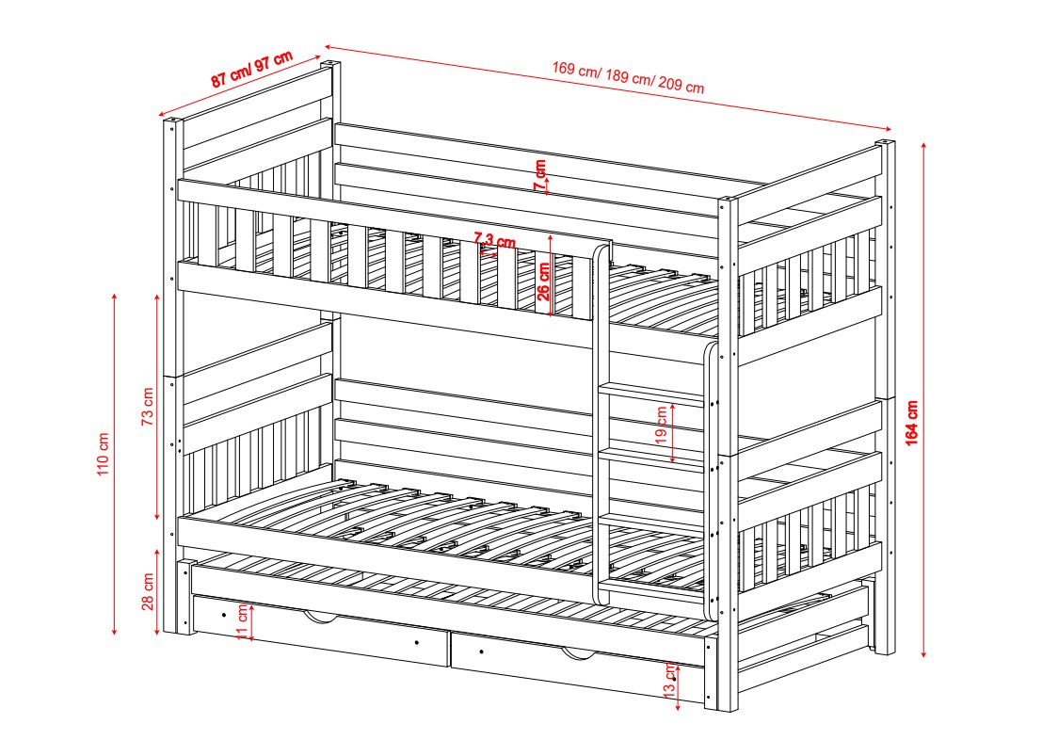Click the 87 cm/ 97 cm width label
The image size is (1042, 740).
tap(252, 69)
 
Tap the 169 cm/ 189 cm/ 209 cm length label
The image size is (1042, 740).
tap(628, 77)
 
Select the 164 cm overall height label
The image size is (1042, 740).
tap(911, 422)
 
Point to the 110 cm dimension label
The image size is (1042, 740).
tap(103, 454)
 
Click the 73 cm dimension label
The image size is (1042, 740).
tap(148, 406)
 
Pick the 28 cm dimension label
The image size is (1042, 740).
tap(148, 591)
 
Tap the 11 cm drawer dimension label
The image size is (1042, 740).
tap(243, 622)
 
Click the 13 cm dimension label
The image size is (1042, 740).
tap(670, 680)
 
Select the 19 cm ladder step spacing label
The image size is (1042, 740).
tap(661, 426)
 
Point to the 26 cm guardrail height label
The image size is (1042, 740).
tap(544, 282)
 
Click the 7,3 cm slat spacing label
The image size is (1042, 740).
tap(494, 240)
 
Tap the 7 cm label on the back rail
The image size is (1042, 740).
tap(540, 174)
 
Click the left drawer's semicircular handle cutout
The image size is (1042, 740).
tap(320, 619)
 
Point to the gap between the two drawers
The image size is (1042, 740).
tap(449, 650)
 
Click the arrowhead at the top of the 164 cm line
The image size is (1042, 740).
tap(923, 146)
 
